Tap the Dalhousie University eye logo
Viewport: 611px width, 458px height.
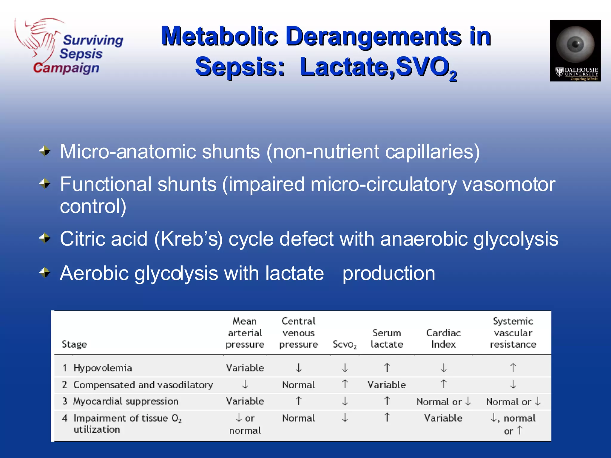(575, 51)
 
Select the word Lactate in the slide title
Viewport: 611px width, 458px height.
(346, 67)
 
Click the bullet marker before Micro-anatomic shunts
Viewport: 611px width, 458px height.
(45, 151)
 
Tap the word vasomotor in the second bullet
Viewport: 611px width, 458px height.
(508, 184)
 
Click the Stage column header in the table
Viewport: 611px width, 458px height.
(74, 344)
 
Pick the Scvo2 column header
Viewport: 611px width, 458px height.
(345, 344)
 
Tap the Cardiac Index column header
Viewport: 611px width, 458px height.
(443, 338)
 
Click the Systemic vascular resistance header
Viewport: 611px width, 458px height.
(513, 333)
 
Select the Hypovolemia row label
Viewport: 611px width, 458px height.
(103, 368)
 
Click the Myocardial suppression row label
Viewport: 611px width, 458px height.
(126, 401)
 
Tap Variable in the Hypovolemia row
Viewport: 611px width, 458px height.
(245, 368)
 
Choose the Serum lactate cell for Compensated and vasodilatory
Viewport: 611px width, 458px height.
(387, 385)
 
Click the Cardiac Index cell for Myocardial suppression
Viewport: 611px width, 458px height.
(443, 402)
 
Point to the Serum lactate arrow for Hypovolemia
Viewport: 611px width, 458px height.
(387, 368)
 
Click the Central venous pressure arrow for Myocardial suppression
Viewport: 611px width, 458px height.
(299, 401)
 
